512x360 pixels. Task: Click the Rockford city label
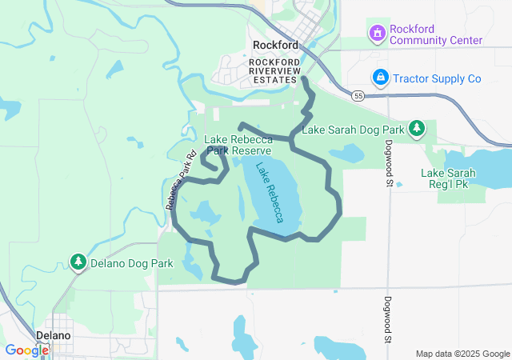point(275,46)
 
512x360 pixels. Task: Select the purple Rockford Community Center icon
point(376,34)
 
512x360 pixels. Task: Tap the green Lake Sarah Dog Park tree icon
point(417,128)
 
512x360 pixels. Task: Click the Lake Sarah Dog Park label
point(353,129)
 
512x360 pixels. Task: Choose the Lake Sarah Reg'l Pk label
point(449,178)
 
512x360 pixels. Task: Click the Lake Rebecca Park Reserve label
point(238,145)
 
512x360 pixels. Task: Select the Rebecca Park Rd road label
point(181,182)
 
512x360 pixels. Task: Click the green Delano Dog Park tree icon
point(78,262)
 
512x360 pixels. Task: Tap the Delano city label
point(54,335)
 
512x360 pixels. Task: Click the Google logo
point(27,350)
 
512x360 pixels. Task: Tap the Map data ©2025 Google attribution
point(462,354)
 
